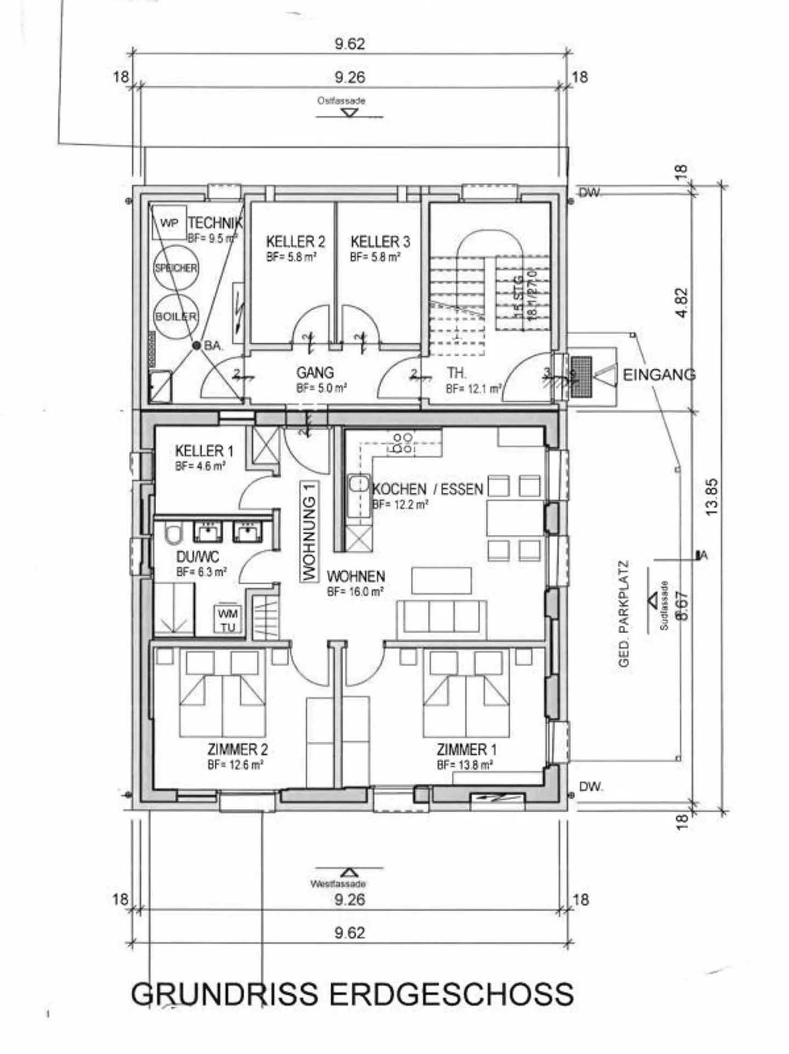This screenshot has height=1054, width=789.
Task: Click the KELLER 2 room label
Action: [x=295, y=242]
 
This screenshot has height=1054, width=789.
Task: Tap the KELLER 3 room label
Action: [x=380, y=242]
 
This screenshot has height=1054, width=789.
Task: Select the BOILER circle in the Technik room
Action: [x=176, y=317]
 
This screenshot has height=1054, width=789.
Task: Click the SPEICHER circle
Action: [x=176, y=268]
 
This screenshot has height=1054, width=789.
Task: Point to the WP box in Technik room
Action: [x=169, y=223]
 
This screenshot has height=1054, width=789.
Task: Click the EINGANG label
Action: [x=659, y=375]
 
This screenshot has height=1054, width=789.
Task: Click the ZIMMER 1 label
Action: [x=466, y=749]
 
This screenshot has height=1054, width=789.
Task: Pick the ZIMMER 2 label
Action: [x=237, y=749]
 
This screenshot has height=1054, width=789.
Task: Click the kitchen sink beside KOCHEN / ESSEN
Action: [x=359, y=483]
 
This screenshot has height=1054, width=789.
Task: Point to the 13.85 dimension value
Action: [x=711, y=497]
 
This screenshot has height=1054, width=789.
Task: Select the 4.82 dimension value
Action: [x=681, y=303]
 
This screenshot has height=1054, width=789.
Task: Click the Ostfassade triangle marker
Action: [x=349, y=113]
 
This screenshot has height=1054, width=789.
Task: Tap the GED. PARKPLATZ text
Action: [x=624, y=613]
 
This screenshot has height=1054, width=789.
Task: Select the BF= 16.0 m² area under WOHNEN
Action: [x=355, y=592]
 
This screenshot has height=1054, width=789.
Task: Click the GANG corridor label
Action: [x=315, y=373]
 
